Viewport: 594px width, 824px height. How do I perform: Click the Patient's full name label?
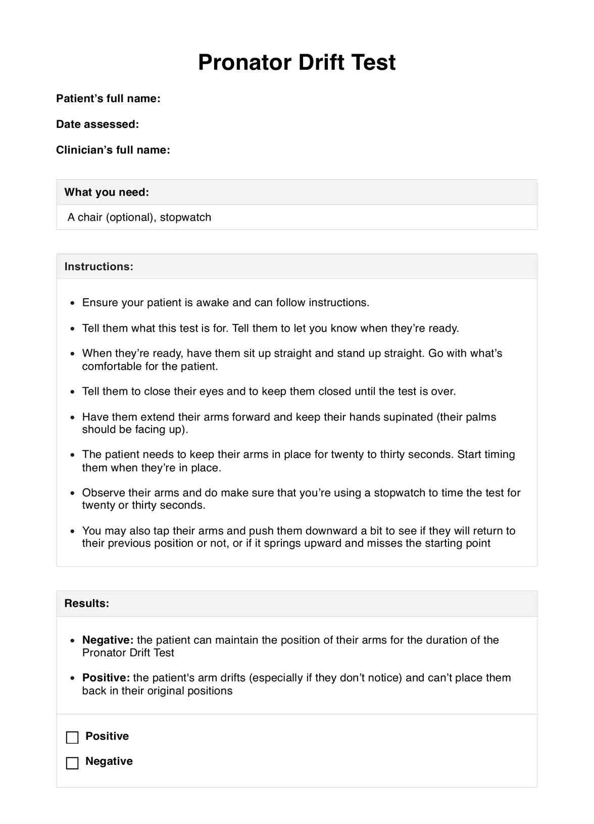[x=108, y=99]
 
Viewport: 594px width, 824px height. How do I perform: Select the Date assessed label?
[x=97, y=124]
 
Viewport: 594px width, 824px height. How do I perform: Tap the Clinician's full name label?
[x=113, y=150]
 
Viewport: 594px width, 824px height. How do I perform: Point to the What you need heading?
[x=107, y=192]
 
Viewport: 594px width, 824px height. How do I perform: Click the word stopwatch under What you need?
[x=185, y=217]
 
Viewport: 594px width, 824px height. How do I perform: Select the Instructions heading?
[x=99, y=266]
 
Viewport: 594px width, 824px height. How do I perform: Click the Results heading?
[x=87, y=603]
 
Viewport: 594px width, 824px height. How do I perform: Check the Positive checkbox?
[x=73, y=738]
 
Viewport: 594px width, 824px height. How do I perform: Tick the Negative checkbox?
[x=73, y=763]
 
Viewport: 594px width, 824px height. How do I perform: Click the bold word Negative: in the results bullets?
[x=108, y=640]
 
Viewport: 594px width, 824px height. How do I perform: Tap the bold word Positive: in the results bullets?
[x=106, y=678]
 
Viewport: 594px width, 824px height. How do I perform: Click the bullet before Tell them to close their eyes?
[x=73, y=392]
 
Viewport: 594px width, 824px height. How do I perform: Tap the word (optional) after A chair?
[x=129, y=217]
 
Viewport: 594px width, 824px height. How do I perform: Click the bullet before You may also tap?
[x=73, y=532]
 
